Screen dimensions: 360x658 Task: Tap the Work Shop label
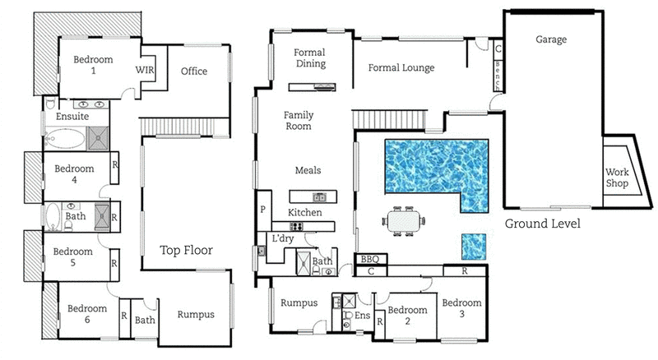click(617, 178)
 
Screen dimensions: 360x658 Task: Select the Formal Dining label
click(310, 58)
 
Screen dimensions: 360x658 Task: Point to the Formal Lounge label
click(401, 68)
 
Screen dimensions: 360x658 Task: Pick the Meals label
click(308, 171)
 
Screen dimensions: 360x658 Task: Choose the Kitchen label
click(304, 213)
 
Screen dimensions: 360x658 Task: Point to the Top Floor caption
click(186, 252)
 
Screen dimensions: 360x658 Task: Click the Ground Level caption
click(542, 224)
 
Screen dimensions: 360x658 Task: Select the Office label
click(194, 72)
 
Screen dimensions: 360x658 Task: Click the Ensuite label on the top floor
click(72, 118)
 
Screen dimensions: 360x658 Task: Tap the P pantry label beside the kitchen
click(264, 210)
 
